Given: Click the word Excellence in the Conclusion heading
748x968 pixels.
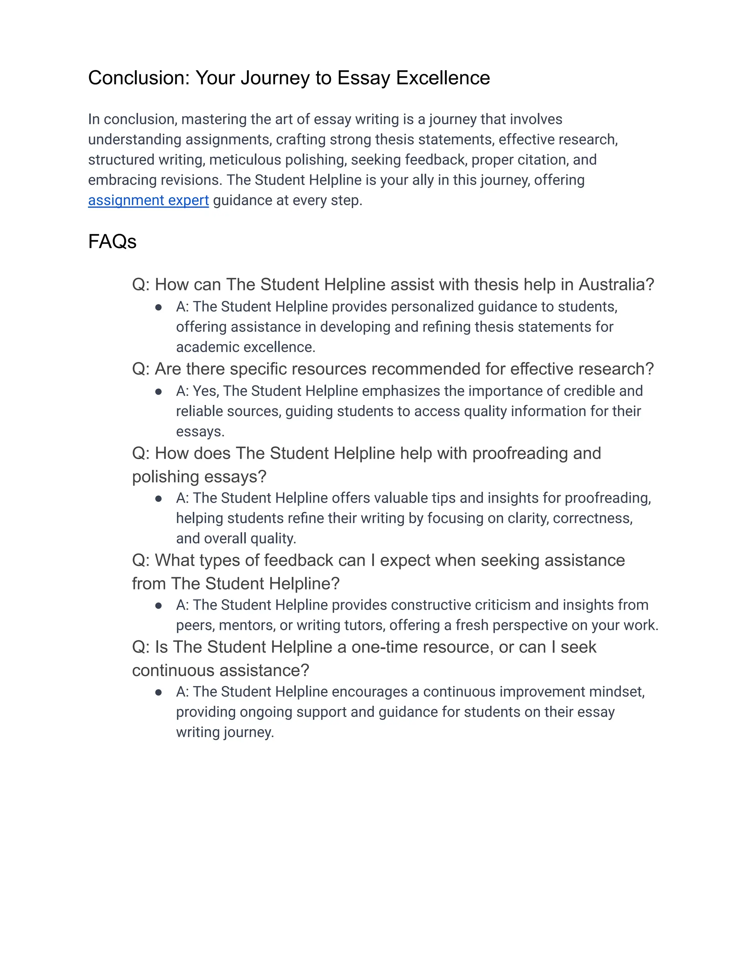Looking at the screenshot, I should pyautogui.click(x=443, y=78).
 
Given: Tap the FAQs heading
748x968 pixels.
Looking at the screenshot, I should pyautogui.click(x=112, y=241).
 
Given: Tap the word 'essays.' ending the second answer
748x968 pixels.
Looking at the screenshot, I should pyautogui.click(x=200, y=432).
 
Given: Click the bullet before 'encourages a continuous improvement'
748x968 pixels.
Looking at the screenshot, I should pyautogui.click(x=158, y=692).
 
